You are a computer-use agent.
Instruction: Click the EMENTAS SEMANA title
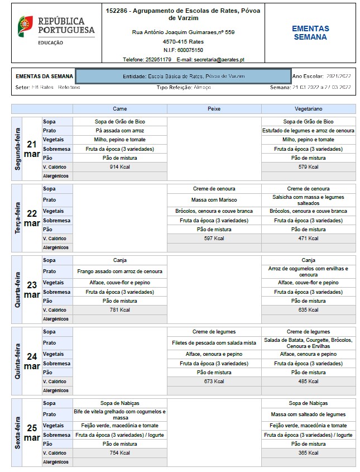(310, 32)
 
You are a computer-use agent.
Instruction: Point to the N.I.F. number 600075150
(191, 50)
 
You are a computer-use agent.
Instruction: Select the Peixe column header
(214, 108)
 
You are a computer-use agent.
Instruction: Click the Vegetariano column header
(308, 108)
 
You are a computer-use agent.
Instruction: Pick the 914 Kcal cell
(120, 166)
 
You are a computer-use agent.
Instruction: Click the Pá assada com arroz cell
(120, 130)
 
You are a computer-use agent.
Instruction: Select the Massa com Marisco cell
(214, 199)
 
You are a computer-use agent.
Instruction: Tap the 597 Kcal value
(214, 239)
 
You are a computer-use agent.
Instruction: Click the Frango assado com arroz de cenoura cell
(120, 271)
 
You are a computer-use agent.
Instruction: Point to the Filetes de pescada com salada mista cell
(214, 343)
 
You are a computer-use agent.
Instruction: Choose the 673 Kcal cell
(214, 382)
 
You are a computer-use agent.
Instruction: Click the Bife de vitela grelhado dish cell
(120, 414)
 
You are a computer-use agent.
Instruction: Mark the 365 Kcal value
(308, 453)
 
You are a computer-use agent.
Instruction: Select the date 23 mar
(31, 290)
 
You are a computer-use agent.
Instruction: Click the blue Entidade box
(183, 76)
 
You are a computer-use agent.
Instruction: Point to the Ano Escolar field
(322, 76)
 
